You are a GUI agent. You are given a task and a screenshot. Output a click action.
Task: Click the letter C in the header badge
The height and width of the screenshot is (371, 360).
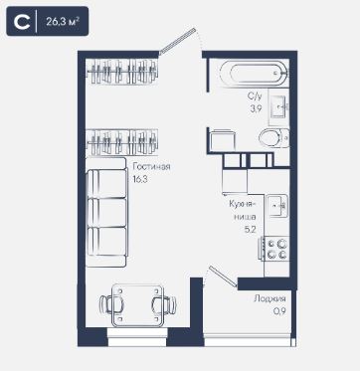click(22, 21)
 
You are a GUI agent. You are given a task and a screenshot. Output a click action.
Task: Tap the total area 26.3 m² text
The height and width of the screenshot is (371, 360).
click(63, 22)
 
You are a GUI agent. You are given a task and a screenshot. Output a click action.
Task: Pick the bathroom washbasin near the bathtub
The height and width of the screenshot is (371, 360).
click(278, 106)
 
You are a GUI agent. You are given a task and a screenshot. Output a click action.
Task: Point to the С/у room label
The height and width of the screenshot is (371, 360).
click(255, 96)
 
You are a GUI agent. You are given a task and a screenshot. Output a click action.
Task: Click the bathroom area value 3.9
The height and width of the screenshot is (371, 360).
click(256, 108)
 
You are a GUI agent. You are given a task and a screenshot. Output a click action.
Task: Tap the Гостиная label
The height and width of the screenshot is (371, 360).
click(151, 166)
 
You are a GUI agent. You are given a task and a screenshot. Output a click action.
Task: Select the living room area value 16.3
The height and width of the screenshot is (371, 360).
click(139, 179)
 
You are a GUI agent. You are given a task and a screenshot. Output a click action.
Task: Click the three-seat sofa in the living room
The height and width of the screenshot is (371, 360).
click(106, 212)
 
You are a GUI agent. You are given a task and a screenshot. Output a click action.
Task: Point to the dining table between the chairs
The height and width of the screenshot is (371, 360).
click(137, 304)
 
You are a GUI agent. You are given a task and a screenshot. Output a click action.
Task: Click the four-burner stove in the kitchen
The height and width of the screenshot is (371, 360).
click(275, 249)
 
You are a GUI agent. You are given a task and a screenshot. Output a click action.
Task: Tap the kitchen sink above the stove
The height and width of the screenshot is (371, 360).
click(277, 206)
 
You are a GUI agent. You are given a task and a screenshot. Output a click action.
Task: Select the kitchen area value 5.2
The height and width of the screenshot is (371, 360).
click(250, 230)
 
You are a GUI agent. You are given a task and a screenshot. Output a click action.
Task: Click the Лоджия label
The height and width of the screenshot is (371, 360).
click(270, 299)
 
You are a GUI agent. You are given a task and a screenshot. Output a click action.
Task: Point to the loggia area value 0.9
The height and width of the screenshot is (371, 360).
click(279, 310)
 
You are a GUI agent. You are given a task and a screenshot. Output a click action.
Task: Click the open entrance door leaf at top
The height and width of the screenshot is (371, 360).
click(177, 41)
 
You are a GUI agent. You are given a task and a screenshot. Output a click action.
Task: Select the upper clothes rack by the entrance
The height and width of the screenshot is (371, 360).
click(121, 72)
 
